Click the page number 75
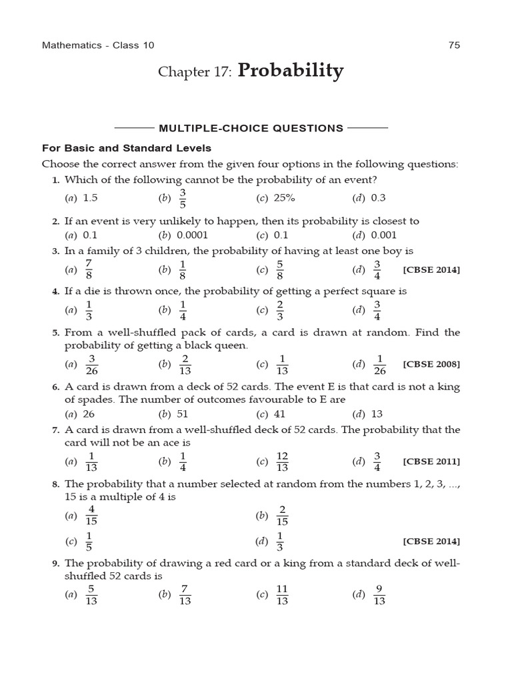tap(454, 45)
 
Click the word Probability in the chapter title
tap(290, 71)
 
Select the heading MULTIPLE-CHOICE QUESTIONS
tap(251, 128)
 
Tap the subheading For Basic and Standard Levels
tap(127, 147)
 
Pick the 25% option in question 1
tap(283, 198)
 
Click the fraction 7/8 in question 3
tap(89, 269)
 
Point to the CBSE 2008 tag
tap(431, 364)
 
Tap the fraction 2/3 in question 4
tap(280, 310)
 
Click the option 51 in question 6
tap(184, 414)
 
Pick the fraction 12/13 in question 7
tap(282, 461)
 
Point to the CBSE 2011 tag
tap(431, 461)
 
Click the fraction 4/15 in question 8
tap(91, 515)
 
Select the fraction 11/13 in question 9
tap(282, 595)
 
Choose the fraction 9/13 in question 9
tap(379, 595)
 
